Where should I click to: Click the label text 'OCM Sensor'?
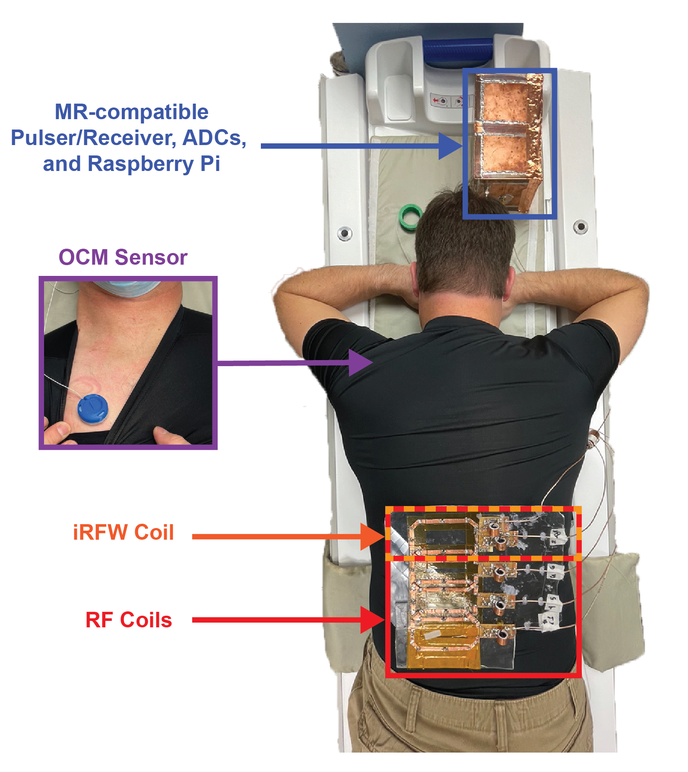123,257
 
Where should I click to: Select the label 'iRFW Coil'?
124,532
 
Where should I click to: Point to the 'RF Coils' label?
129,620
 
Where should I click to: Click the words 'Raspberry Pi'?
154,165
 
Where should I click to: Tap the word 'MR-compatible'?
132,112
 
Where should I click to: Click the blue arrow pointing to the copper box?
362,146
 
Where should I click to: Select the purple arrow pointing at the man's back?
295,363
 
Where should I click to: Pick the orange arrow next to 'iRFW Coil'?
289,536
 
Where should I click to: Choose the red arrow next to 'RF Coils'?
289,620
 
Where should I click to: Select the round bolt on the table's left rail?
344,233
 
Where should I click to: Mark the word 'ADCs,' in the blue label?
214,138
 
